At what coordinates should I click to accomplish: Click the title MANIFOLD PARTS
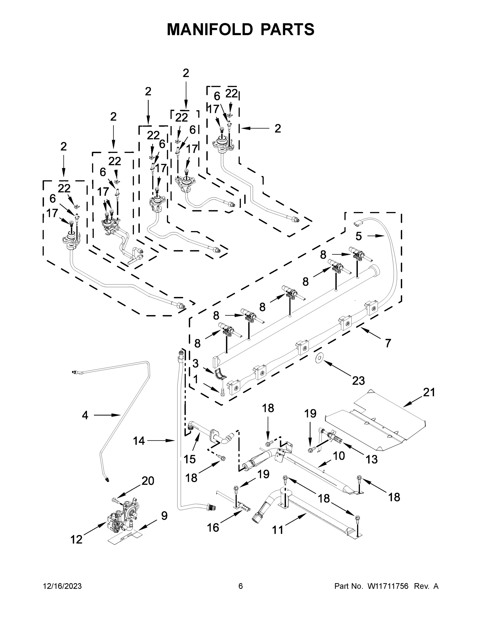pos(241,29)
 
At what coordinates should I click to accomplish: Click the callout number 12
pos(76,539)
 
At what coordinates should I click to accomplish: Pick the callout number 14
pos(139,441)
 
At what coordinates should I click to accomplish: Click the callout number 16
pos(213,527)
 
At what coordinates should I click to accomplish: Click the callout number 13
pos(372,459)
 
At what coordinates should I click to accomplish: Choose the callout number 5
pos(358,236)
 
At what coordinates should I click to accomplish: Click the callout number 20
pos(148,481)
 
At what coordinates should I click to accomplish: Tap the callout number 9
pos(164,516)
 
